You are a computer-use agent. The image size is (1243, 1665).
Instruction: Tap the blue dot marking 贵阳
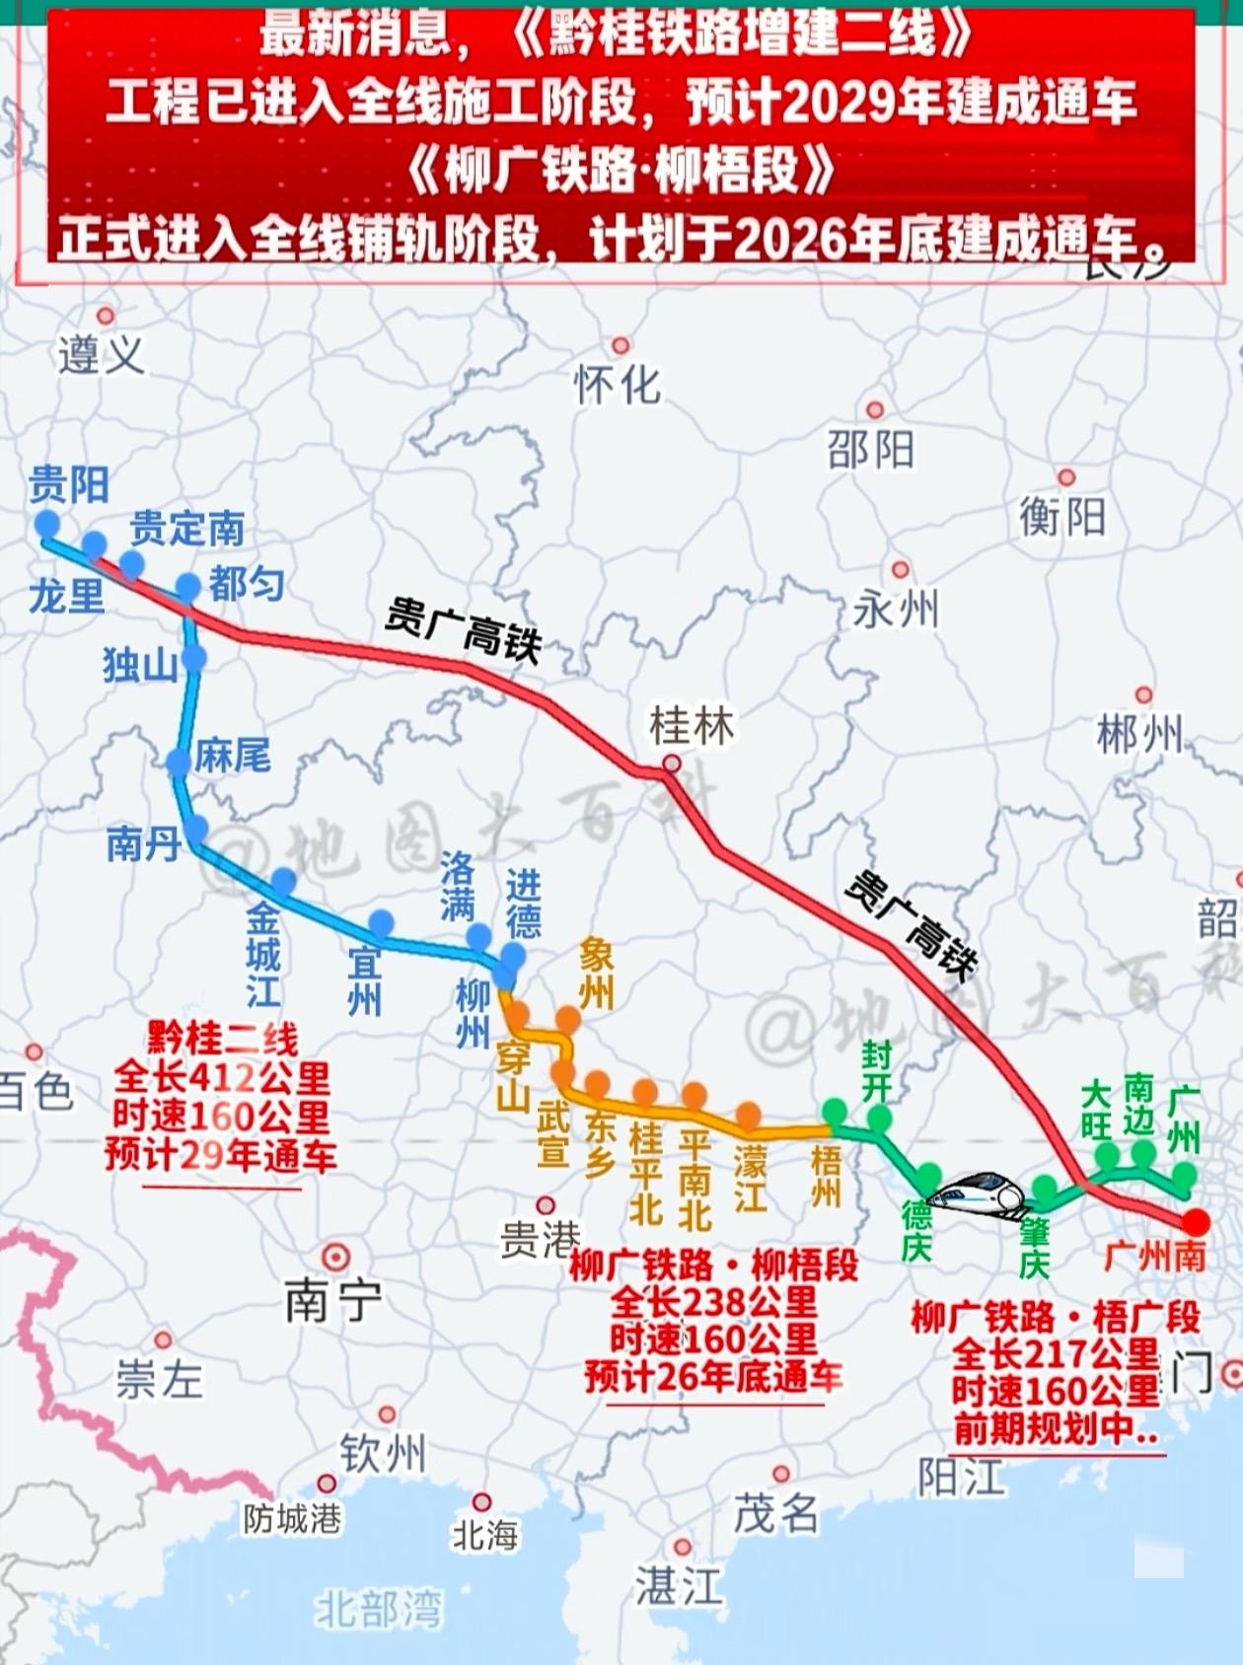coord(46,524)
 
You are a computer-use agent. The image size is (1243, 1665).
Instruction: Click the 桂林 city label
coord(692,727)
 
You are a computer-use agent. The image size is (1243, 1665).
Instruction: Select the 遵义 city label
coord(101,355)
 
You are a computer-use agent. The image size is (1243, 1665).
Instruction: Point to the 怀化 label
coord(618,385)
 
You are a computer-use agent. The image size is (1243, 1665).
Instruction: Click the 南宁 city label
coord(332,1301)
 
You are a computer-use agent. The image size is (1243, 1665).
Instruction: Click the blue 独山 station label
coord(140,667)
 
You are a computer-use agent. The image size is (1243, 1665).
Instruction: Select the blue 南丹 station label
coord(144,844)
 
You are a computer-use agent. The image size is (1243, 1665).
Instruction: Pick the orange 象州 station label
coord(596,974)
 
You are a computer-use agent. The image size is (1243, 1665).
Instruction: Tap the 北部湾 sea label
coord(379,1610)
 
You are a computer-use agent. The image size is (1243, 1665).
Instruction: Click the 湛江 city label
coord(679,1587)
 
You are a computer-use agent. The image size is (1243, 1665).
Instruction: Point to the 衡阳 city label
coord(1062,517)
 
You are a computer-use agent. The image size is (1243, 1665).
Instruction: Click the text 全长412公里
coord(222,1077)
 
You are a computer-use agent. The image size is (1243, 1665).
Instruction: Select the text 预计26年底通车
coord(712,1377)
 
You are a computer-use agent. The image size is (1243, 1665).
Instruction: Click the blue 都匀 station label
coord(247,585)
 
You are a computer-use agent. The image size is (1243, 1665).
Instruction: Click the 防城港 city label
coord(293,1519)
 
